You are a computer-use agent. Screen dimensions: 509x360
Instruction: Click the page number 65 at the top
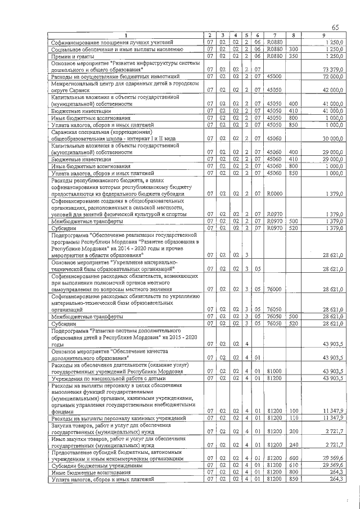pos(335,28)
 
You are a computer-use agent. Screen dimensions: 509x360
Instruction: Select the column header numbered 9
pos(323,36)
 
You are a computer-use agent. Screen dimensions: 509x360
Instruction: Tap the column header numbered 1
pos(125,36)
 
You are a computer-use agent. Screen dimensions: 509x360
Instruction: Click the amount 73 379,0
pos(332,70)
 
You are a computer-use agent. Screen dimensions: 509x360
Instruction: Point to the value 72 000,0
pos(332,76)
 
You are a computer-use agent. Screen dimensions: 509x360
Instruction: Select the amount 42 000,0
pos(332,90)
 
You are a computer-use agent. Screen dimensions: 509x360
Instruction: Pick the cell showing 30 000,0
pos(332,138)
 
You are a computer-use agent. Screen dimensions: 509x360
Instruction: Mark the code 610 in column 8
pos(293,466)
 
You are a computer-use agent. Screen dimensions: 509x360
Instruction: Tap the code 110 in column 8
pos(293,419)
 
